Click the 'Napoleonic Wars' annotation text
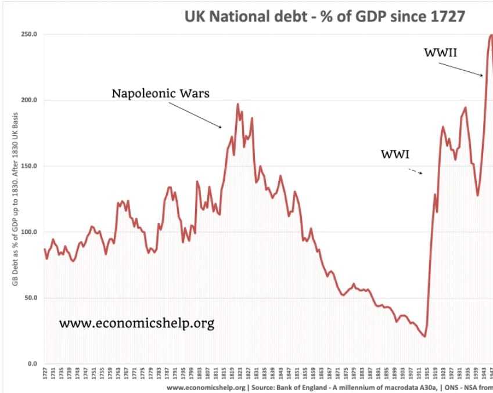tap(160, 93)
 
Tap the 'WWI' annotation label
tap(395, 154)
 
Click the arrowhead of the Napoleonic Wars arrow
tap(220, 127)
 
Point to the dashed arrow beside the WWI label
tap(416, 172)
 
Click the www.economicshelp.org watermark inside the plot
tap(136, 323)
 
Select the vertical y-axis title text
tap(12, 199)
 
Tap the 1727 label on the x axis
tap(45, 374)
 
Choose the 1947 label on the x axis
tap(490, 374)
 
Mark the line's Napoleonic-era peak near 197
tap(237, 104)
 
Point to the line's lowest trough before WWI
tap(425, 336)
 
